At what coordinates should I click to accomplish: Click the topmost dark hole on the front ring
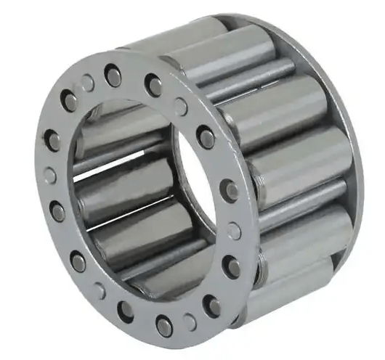click(x=113, y=75)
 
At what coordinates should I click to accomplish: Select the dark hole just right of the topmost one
click(x=155, y=86)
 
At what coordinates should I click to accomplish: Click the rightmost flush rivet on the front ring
click(x=234, y=231)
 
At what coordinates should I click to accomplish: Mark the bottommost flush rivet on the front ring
click(x=190, y=322)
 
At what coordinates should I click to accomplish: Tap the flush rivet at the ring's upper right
click(x=181, y=107)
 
